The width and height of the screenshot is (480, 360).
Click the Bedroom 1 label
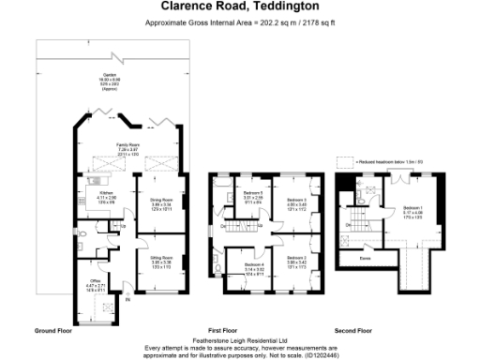(x=413, y=208)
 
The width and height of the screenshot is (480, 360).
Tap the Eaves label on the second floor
(x=365, y=253)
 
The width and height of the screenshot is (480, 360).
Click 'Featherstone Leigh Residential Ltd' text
(x=239, y=340)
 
